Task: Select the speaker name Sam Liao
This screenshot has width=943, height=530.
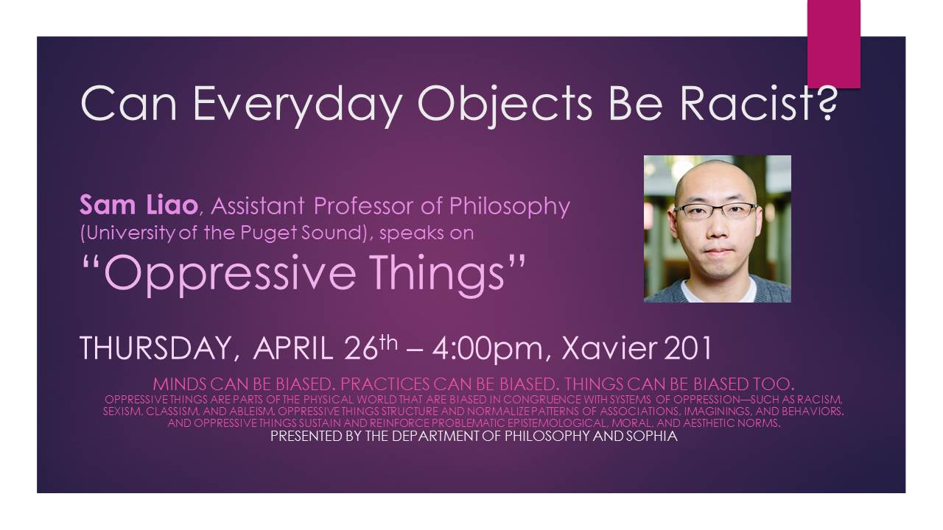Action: (139, 205)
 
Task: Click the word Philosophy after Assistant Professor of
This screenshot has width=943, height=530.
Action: (509, 207)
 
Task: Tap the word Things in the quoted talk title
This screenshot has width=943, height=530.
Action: (438, 274)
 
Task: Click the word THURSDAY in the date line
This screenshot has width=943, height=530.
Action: (154, 347)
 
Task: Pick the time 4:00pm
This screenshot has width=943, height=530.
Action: (487, 349)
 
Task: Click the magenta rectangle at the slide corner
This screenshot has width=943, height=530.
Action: (833, 43)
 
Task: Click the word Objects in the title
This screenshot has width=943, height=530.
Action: (505, 106)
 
